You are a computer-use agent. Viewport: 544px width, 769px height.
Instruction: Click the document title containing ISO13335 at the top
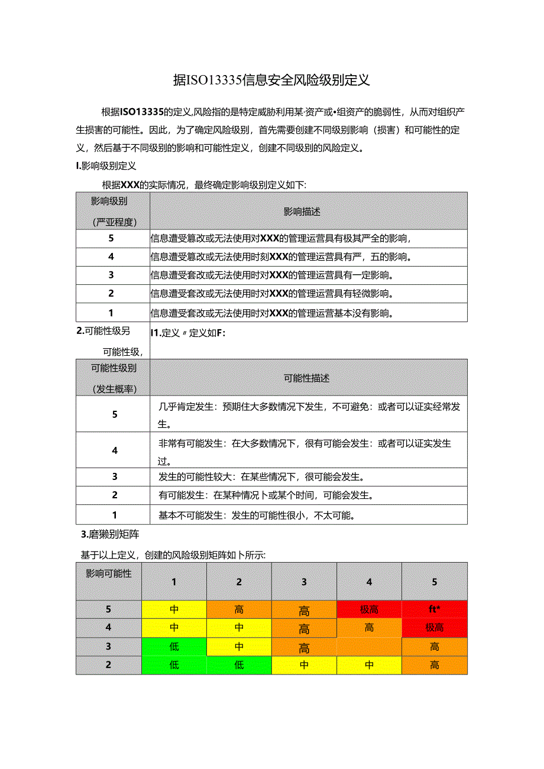[271, 80]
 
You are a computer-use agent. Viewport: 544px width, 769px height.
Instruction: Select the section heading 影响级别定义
[107, 166]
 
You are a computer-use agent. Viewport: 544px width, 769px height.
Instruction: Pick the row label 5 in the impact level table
[111, 238]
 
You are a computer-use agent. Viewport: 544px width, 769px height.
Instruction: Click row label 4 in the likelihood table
[114, 450]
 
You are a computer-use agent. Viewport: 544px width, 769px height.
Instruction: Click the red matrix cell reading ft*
[435, 609]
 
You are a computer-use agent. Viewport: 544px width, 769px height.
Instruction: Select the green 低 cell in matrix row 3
[174, 647]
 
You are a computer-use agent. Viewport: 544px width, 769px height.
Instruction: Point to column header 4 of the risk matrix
[369, 582]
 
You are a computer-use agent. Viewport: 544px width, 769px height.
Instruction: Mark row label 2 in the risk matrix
[109, 665]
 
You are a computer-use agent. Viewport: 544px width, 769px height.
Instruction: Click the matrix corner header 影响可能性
[109, 573]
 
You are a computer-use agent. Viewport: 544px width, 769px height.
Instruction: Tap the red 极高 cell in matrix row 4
[435, 628]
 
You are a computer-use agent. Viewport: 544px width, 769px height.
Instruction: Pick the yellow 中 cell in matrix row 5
[174, 609]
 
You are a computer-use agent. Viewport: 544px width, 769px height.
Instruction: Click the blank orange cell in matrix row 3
[369, 647]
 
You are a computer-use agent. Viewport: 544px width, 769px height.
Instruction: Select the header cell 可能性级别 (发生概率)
[114, 378]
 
